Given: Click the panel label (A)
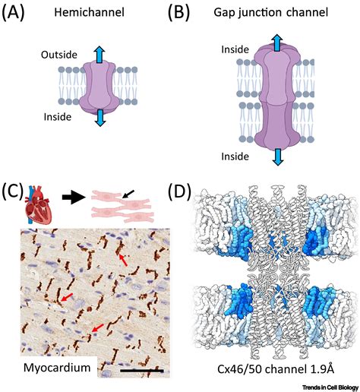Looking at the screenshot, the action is tap(13, 13).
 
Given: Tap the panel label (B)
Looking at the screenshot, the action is tap(178, 13).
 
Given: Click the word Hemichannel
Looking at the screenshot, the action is tap(89, 12).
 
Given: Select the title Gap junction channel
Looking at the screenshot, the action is tap(271, 12).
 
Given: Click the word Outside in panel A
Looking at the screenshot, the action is tap(59, 55).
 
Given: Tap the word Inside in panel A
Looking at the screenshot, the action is tap(58, 117).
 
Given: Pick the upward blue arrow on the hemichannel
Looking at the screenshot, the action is tap(99, 55).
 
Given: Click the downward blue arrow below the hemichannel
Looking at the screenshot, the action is tap(100, 118).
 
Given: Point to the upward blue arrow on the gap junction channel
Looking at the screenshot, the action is tap(277, 43).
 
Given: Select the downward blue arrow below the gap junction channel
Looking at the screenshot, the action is tap(278, 157).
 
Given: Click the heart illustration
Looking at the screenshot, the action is tap(39, 204).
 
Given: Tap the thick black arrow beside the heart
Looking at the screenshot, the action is tap(74, 198).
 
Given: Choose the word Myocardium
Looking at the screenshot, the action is tap(57, 368).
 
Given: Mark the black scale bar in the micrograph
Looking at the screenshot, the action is tap(142, 371).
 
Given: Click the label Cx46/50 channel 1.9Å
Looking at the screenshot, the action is tap(276, 369).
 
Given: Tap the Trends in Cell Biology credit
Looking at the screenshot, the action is tap(330, 387).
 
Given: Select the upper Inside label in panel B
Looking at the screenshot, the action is tap(235, 49).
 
